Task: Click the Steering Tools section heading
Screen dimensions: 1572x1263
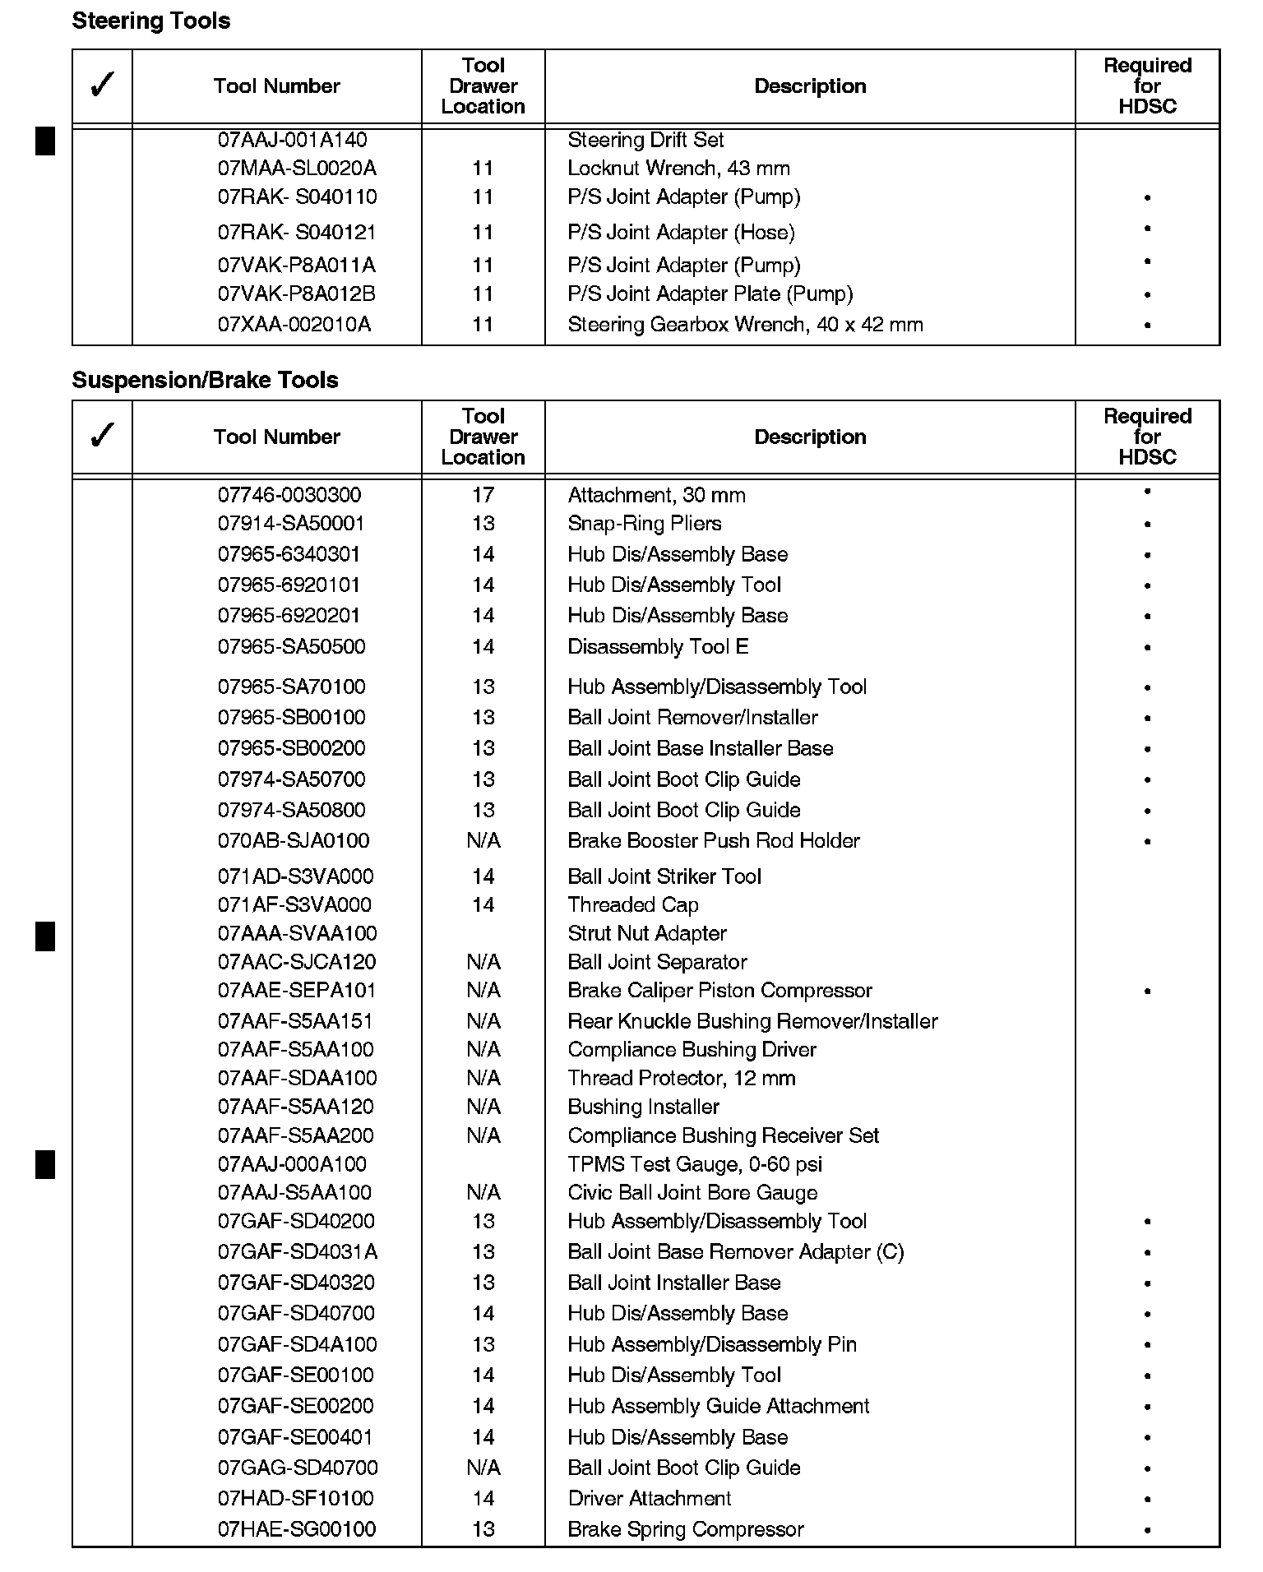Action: (x=151, y=21)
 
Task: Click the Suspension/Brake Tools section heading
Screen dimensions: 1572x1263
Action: (x=205, y=380)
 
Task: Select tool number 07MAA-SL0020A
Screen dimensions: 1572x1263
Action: (x=297, y=169)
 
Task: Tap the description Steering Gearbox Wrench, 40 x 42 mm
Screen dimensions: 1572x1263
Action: (x=745, y=325)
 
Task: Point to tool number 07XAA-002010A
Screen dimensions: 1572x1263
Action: (x=294, y=325)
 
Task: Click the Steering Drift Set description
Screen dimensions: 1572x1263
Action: (x=645, y=140)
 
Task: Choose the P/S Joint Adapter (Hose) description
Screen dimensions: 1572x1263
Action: (x=681, y=233)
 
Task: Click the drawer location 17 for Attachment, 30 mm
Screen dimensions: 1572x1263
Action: (x=483, y=495)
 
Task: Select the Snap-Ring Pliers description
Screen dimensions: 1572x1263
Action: (x=644, y=524)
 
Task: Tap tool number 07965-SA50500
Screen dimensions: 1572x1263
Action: (x=291, y=647)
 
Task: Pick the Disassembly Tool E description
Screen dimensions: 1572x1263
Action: (x=658, y=647)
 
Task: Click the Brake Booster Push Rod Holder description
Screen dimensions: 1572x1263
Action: (x=713, y=841)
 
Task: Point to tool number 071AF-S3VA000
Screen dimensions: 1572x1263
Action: (x=294, y=905)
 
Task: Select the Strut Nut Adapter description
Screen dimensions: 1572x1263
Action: (x=647, y=934)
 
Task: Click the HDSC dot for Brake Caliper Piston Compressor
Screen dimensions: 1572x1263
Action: (x=1147, y=992)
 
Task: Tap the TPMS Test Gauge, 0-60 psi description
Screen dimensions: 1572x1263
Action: (x=695, y=1164)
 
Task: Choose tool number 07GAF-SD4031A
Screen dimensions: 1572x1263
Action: (x=298, y=1252)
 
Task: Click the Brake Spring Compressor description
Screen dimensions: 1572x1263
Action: (x=686, y=1530)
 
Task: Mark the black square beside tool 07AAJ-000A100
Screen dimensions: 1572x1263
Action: (x=45, y=1165)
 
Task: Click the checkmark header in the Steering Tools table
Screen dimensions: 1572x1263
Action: (x=102, y=86)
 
